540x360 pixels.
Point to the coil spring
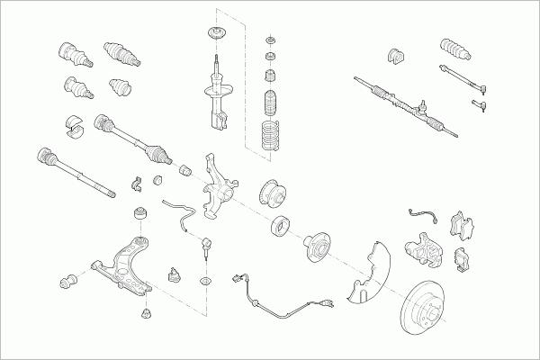[x=269, y=132]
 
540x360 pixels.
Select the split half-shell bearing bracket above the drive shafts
[x=74, y=126]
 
